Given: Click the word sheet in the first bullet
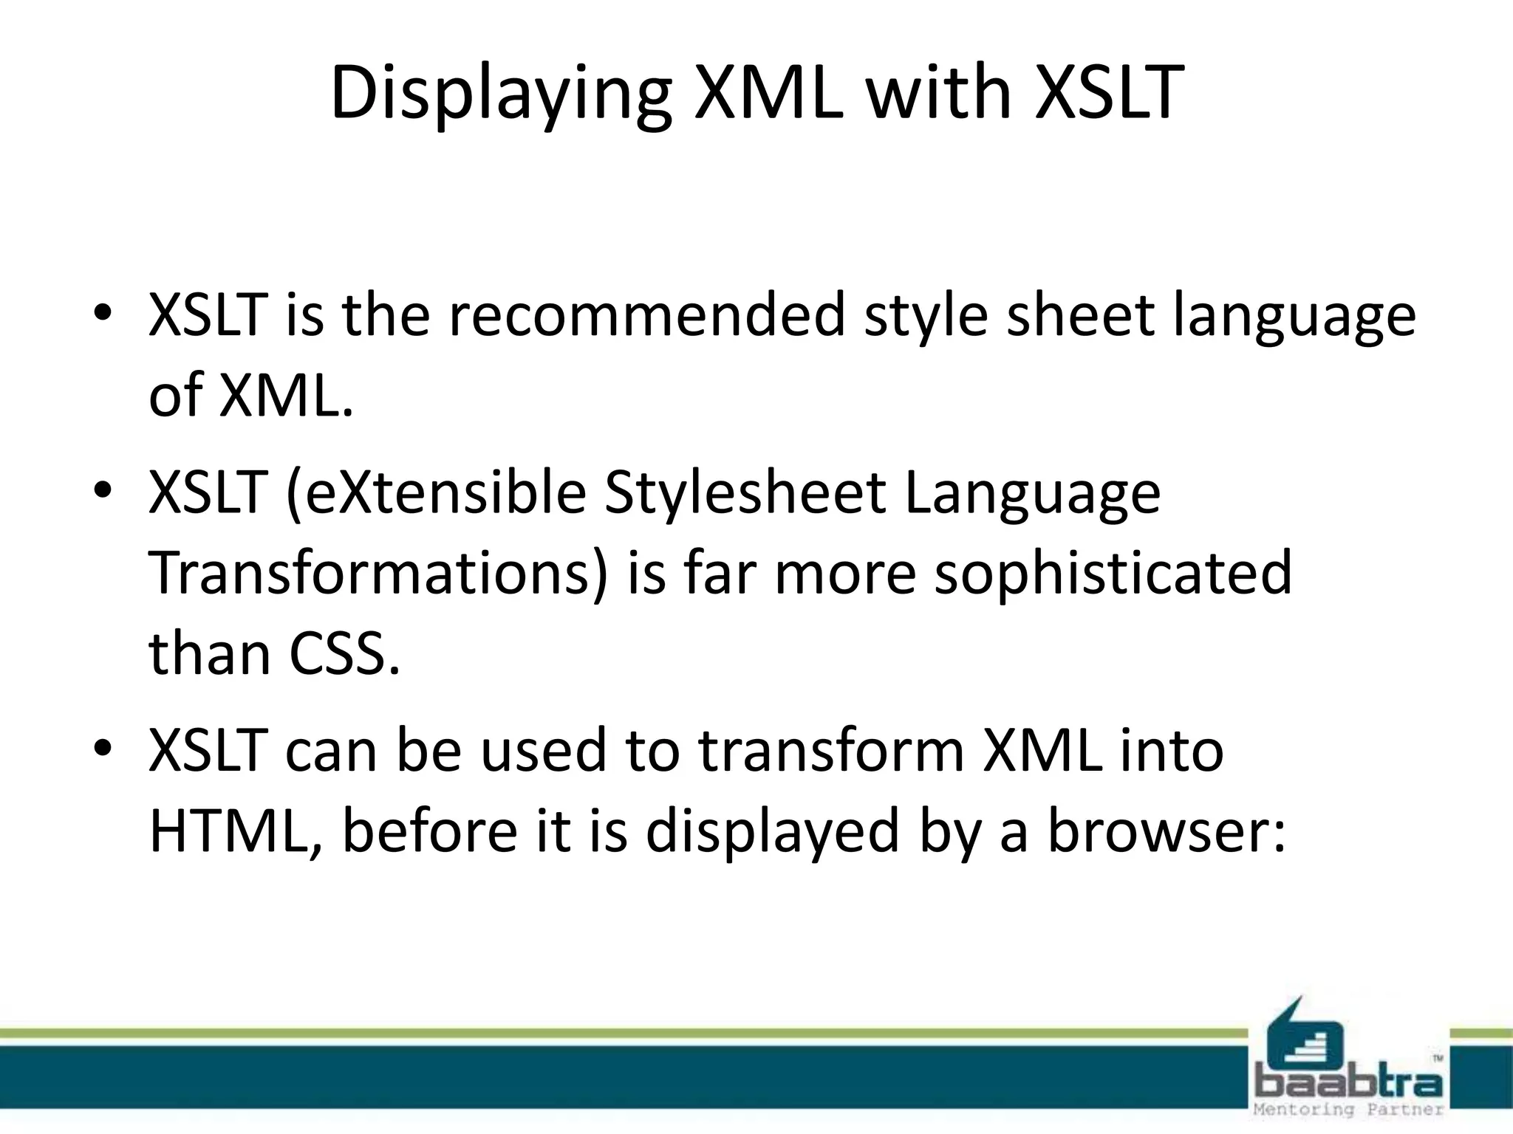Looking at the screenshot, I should (x=1079, y=316).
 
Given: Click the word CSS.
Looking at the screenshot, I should (x=344, y=654).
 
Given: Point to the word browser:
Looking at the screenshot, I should (x=1167, y=831).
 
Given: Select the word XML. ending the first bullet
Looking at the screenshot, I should (x=285, y=396).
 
